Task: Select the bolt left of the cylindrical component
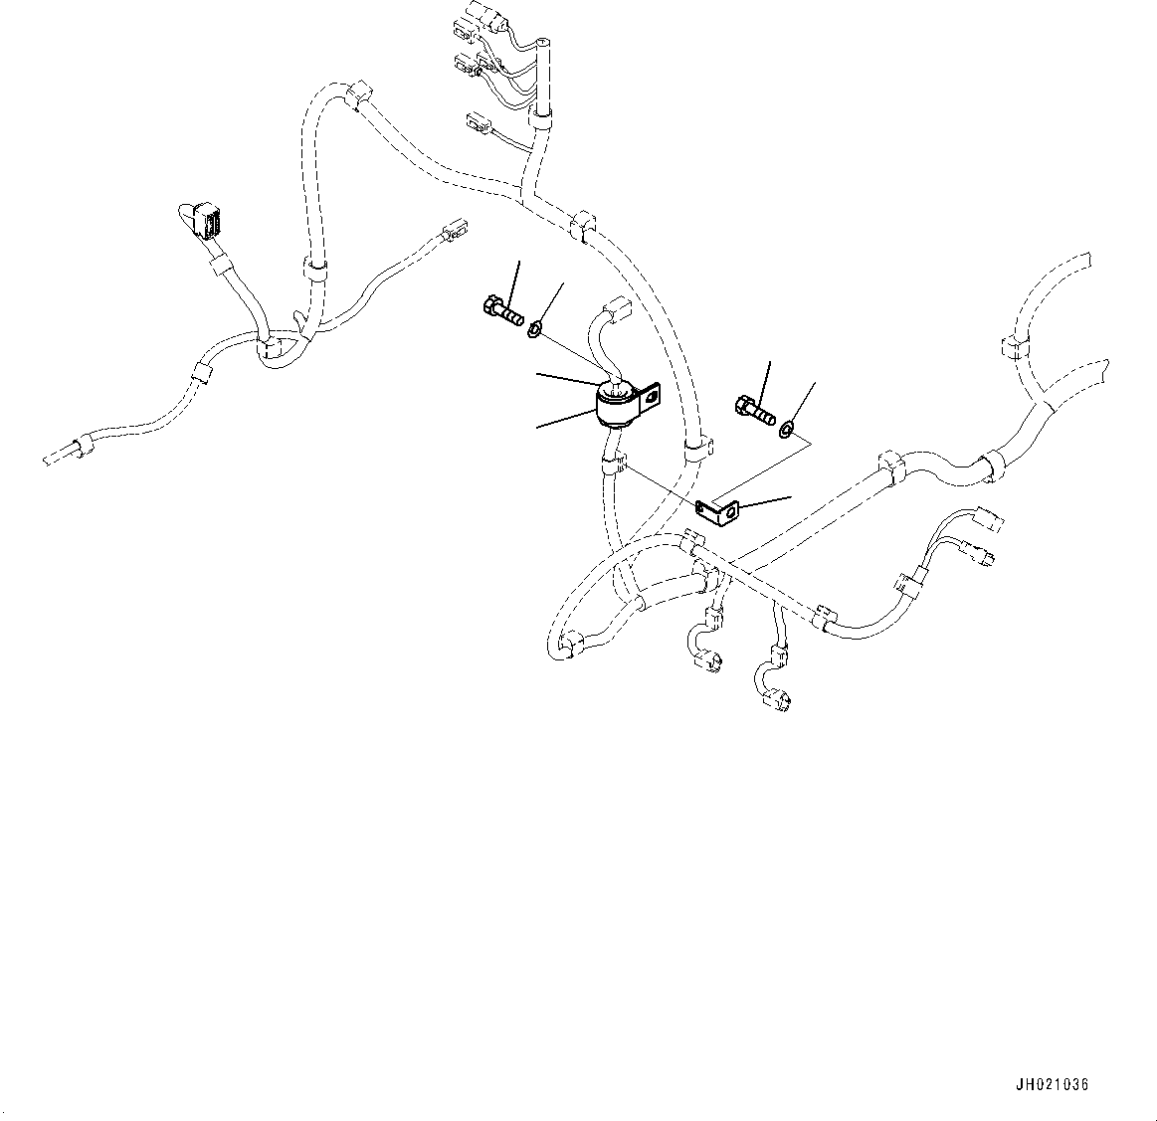click(x=500, y=311)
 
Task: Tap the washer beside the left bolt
click(x=535, y=327)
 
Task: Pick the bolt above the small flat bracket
click(x=755, y=410)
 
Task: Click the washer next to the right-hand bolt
click(x=788, y=429)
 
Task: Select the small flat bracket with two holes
click(x=718, y=511)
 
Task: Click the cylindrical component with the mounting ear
click(x=617, y=406)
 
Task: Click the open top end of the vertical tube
click(x=542, y=44)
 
